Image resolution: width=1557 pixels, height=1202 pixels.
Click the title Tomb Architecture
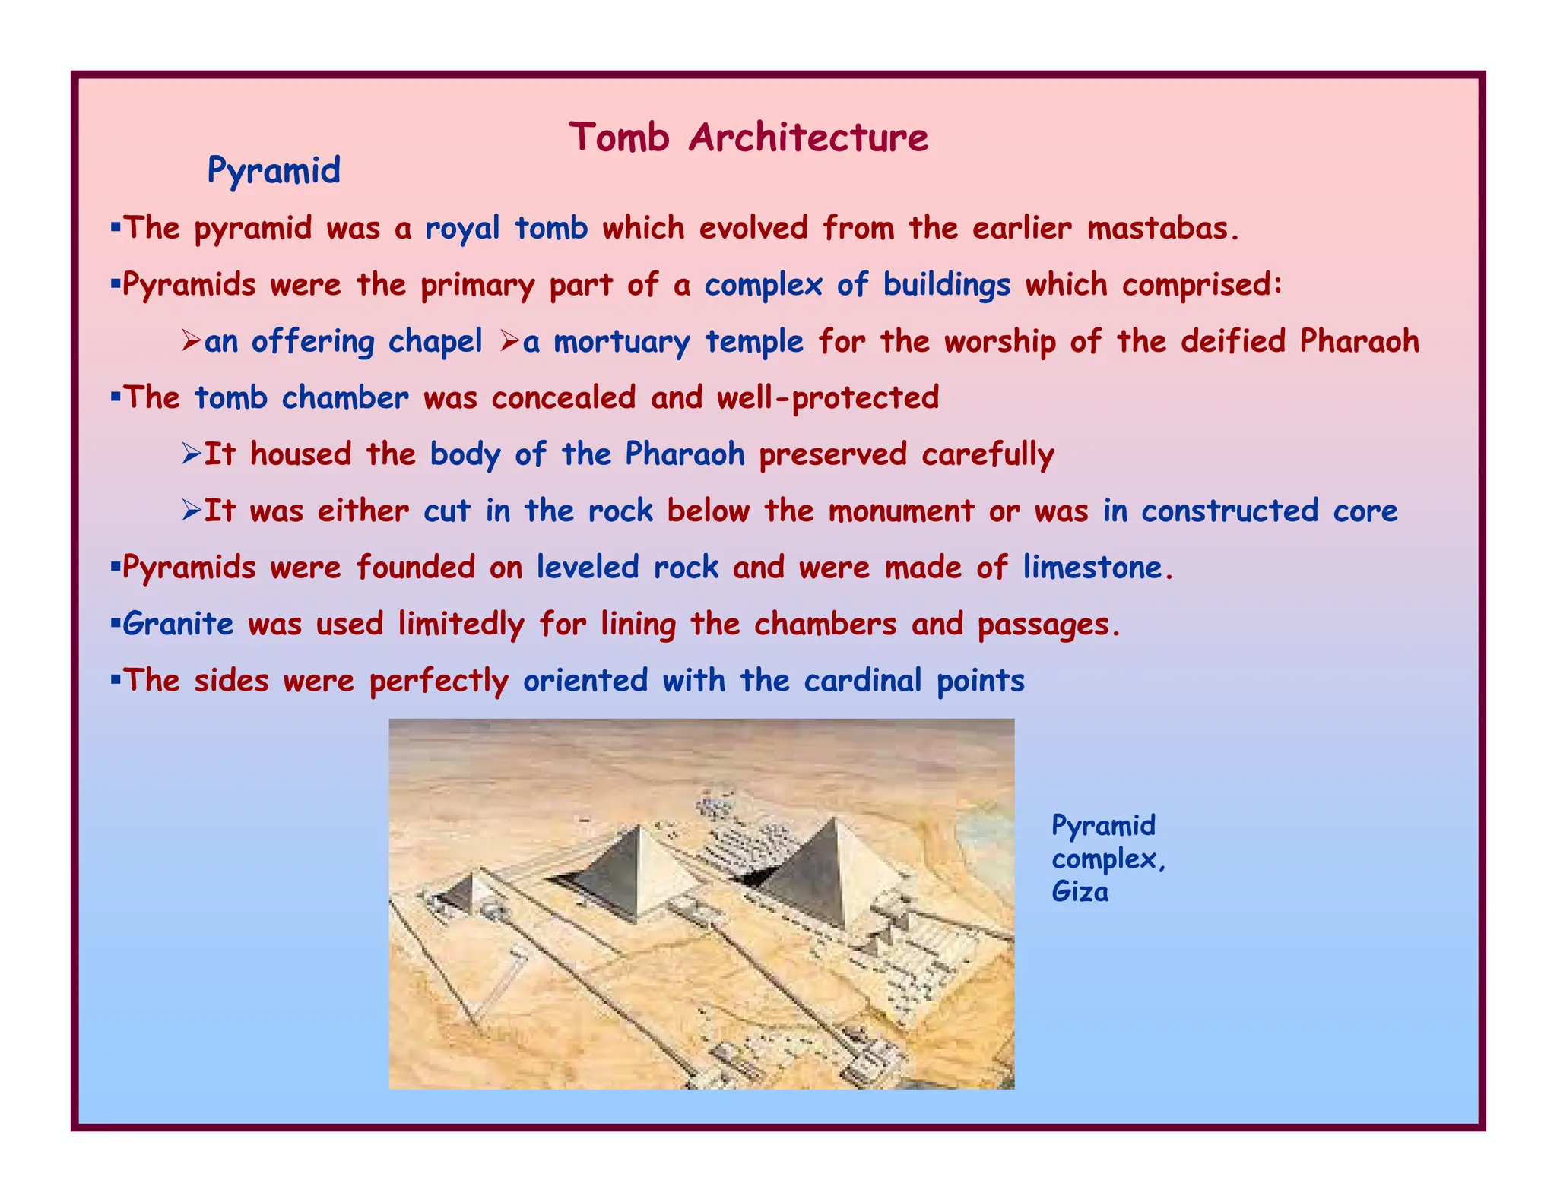tap(748, 138)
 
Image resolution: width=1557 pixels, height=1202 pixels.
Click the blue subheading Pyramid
tap(274, 170)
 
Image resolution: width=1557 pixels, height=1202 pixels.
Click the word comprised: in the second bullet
tap(1203, 285)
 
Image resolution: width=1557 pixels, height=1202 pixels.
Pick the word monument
tap(901, 511)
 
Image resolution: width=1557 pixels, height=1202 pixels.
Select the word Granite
tap(178, 625)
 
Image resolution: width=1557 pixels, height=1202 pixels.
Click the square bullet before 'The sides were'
tap(116, 678)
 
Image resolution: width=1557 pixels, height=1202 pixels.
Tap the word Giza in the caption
tap(1080, 891)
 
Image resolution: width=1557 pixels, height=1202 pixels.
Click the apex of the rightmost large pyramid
tap(835, 819)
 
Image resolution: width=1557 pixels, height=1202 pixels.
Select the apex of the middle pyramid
tap(641, 827)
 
